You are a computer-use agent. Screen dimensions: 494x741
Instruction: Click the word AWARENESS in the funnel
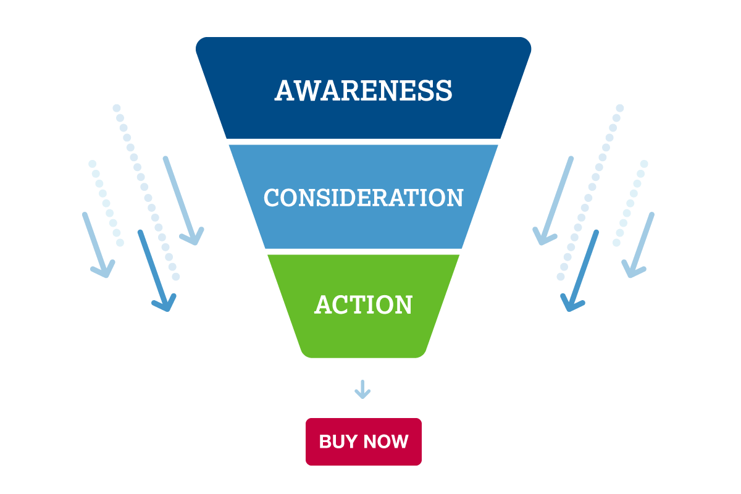click(363, 90)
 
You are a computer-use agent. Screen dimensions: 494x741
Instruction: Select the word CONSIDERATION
click(363, 198)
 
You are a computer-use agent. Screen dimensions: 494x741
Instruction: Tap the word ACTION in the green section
click(363, 304)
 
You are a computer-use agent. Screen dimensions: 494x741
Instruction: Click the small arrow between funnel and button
click(362, 390)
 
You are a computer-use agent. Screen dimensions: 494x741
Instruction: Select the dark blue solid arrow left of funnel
click(153, 269)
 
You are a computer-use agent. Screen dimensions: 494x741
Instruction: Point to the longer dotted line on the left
click(146, 192)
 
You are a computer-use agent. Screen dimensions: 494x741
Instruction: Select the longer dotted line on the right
click(590, 192)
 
